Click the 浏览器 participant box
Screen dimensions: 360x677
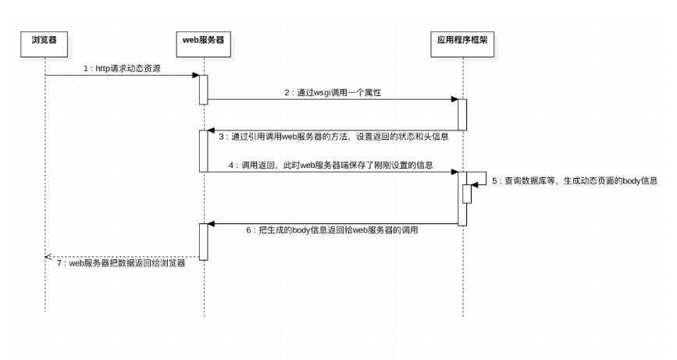click(45, 38)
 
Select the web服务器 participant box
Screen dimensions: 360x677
click(203, 38)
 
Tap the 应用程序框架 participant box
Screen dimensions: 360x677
click(462, 38)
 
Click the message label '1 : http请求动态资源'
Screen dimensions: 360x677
click(122, 68)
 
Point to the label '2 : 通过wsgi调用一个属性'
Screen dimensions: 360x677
click(332, 92)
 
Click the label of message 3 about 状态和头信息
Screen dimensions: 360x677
click(333, 137)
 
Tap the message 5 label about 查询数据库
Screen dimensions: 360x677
click(575, 180)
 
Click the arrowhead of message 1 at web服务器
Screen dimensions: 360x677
click(196, 75)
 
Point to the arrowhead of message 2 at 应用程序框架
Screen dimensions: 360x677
click(454, 99)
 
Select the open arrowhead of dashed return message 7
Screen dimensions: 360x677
click(48, 257)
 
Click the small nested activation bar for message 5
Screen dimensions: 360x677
click(467, 193)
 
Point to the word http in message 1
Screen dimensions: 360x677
click(102, 68)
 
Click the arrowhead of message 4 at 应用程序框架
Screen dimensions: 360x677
click(454, 172)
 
